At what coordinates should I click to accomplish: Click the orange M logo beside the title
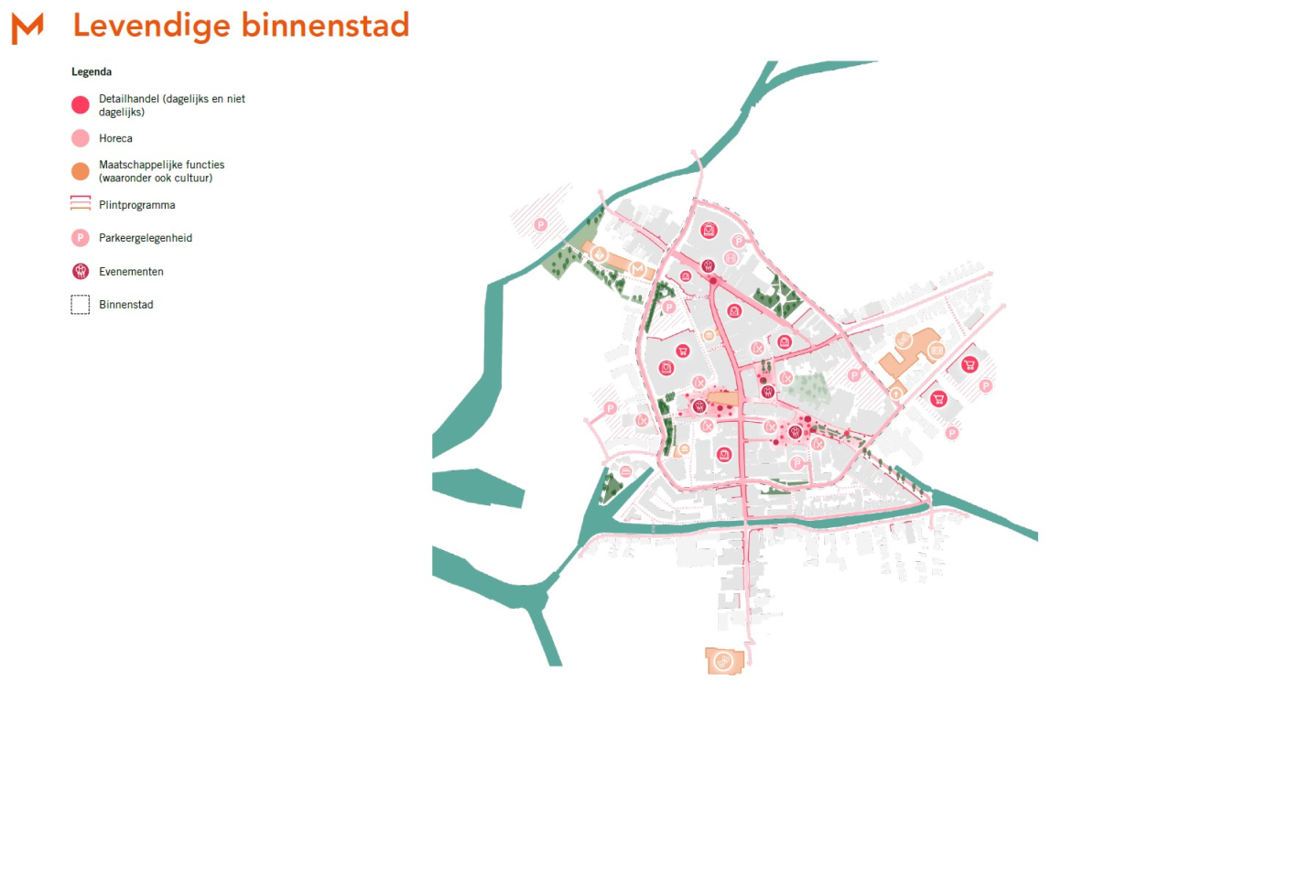click(x=27, y=28)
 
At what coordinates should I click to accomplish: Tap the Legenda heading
click(x=92, y=71)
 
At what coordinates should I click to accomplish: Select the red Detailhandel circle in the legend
click(x=81, y=105)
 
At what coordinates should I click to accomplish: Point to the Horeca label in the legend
click(x=115, y=138)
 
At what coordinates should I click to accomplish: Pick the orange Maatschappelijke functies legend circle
click(x=81, y=171)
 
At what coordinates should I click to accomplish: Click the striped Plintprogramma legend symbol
click(x=81, y=203)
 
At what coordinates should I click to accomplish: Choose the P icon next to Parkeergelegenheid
click(x=81, y=238)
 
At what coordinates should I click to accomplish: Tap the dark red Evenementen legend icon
click(x=81, y=271)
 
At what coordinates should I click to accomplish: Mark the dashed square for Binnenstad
click(x=81, y=305)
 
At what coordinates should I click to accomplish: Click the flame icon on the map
click(x=599, y=254)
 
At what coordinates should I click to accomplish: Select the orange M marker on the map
click(x=637, y=269)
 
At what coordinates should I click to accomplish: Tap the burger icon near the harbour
click(x=625, y=471)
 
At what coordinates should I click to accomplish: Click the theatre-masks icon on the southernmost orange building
click(x=723, y=660)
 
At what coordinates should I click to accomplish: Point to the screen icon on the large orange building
click(x=937, y=351)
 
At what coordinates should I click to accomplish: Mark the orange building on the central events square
click(x=722, y=399)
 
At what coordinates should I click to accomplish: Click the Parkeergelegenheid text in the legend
click(x=146, y=238)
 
